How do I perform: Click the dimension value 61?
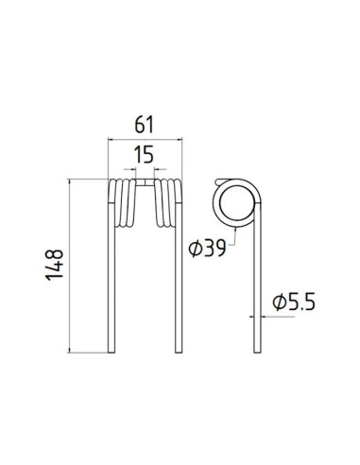[x=144, y=125]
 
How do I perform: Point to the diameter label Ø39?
[x=207, y=249]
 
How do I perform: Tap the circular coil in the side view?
[x=233, y=200]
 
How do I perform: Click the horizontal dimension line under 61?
[x=144, y=140]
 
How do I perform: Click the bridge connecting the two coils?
[x=144, y=179]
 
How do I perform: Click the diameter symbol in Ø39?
[x=194, y=249]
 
